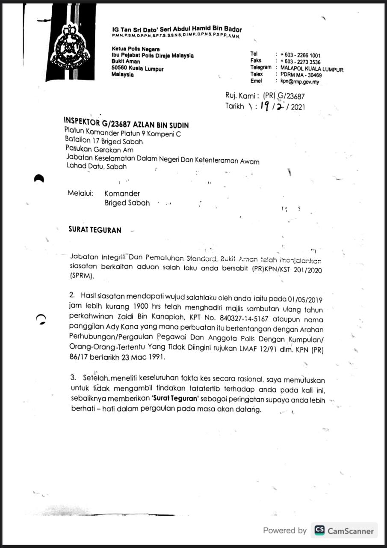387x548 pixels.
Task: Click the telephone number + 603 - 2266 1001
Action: coord(300,55)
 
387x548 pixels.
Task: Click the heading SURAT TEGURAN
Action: coord(95,230)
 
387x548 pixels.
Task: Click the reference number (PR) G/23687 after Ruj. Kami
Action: coord(284,96)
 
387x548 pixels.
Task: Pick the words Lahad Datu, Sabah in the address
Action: coord(96,167)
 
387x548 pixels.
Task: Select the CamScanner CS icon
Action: coord(319,530)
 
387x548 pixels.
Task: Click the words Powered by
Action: coord(285,530)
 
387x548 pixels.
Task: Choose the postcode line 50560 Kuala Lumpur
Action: coord(137,68)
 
